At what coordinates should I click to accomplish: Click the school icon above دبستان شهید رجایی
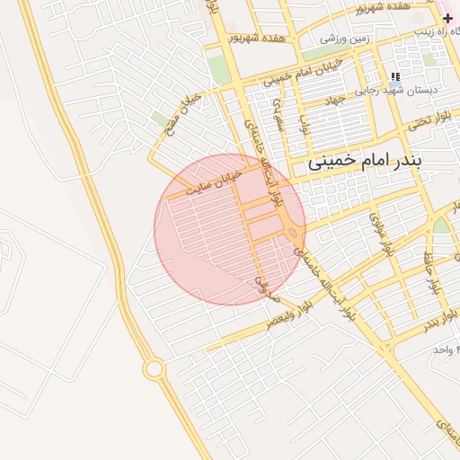click(395, 76)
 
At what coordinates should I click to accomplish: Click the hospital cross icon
click(447, 17)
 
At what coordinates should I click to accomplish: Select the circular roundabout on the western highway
click(153, 368)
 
